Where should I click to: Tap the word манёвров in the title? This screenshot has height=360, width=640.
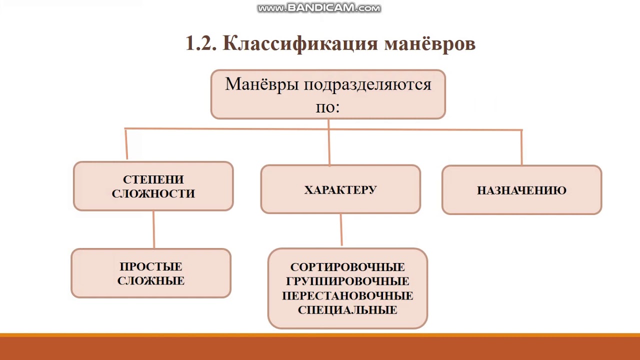(429, 44)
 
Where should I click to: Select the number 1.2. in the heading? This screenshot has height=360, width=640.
(201, 44)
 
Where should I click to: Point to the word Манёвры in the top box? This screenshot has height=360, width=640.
(262, 84)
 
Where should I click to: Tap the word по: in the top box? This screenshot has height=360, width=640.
(327, 106)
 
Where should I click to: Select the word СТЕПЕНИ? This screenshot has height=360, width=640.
(153, 179)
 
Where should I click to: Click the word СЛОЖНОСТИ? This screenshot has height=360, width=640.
(153, 193)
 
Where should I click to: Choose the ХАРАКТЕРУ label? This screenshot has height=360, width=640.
(340, 190)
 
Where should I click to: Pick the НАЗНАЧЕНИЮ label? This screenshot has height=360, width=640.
(521, 190)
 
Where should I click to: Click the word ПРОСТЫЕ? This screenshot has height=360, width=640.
(151, 266)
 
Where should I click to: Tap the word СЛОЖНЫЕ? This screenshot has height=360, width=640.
(151, 280)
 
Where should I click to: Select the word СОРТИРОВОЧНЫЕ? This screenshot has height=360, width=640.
(347, 267)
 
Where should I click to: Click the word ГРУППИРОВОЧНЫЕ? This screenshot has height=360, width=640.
(347, 281)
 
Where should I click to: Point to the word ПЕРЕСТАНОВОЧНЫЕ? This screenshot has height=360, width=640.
(347, 295)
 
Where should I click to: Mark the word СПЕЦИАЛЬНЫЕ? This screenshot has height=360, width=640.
(347, 310)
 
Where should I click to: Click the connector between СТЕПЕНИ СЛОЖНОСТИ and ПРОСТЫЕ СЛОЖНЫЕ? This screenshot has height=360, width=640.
(153, 229)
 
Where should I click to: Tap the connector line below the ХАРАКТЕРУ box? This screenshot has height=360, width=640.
(341, 230)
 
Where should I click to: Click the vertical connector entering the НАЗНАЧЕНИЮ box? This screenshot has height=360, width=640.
(521, 148)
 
